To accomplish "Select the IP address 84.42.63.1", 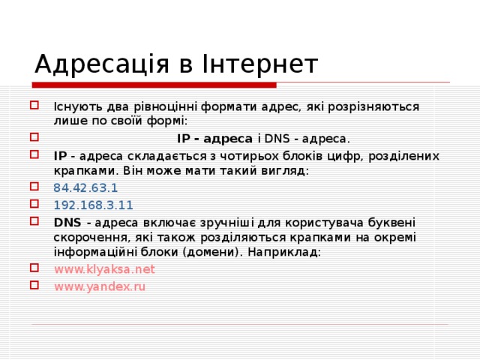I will tap(85, 187).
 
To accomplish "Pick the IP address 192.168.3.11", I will tap(93, 204).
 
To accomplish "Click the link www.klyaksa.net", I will tap(104, 268).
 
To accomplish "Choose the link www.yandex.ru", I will tap(100, 286).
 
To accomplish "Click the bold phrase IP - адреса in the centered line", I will tap(214, 139).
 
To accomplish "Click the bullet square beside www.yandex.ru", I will tap(35, 285).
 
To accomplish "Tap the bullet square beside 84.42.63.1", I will tap(35, 187).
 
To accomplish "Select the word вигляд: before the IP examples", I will tap(286, 171).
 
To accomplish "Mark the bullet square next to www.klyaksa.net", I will tap(35, 268).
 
